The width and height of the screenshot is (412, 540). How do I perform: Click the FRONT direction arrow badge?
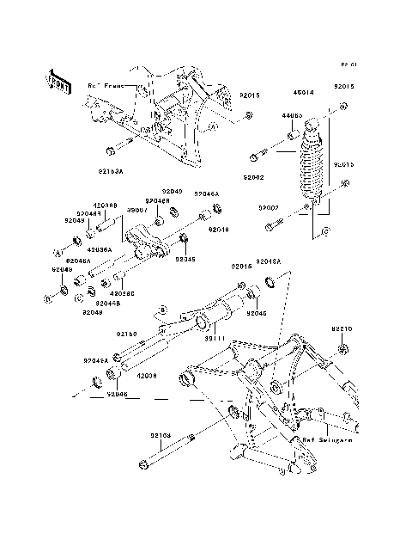58,80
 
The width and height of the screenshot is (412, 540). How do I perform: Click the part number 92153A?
135,171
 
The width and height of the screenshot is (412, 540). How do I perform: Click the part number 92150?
128,334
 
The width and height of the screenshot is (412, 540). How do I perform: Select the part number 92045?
185,259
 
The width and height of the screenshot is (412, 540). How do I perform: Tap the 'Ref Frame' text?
105,85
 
